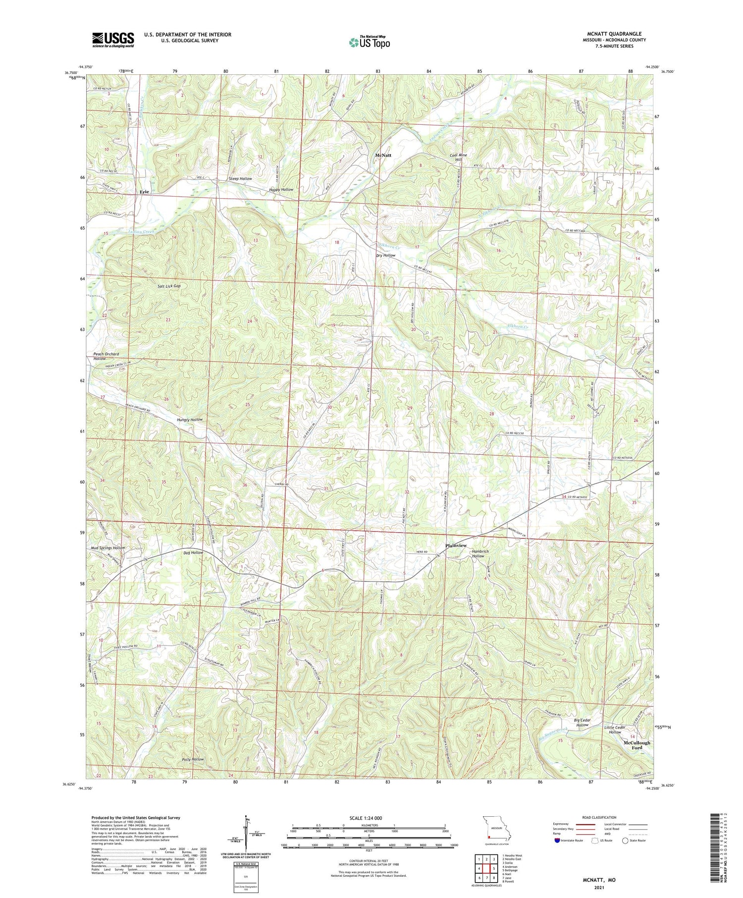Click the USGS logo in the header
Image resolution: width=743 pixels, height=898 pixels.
(x=113, y=40)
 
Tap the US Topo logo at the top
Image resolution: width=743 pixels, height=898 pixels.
(x=370, y=42)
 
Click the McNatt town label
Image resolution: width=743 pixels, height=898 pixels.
(x=383, y=155)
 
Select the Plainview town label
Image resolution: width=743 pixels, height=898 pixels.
(x=456, y=545)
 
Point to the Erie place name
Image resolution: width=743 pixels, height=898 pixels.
(x=144, y=191)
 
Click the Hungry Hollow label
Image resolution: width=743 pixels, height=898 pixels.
(x=190, y=420)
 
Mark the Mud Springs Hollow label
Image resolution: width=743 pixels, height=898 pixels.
(x=108, y=548)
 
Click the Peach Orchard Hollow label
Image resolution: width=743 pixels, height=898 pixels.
(x=106, y=356)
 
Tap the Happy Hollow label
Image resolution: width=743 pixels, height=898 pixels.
(x=281, y=190)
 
